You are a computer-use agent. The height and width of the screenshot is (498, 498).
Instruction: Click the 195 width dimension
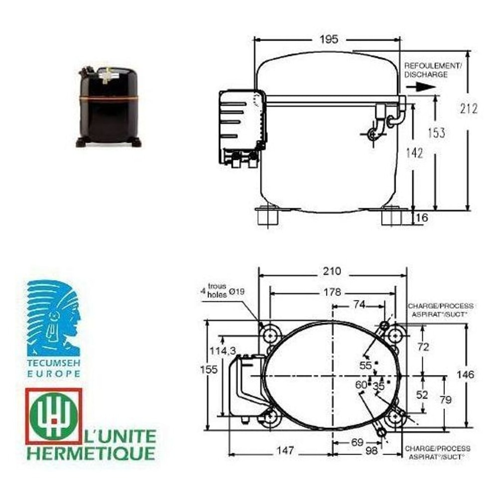pos(329,39)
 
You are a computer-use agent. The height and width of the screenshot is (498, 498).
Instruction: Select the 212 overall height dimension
pos(469,109)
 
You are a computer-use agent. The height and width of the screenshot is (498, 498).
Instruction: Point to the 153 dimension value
pos(436,133)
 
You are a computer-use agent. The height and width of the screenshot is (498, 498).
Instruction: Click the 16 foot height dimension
pos(422,218)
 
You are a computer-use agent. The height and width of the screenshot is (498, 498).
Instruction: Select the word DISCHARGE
pos(426,75)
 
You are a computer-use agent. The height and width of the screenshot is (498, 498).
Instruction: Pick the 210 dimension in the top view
pos(332,271)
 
